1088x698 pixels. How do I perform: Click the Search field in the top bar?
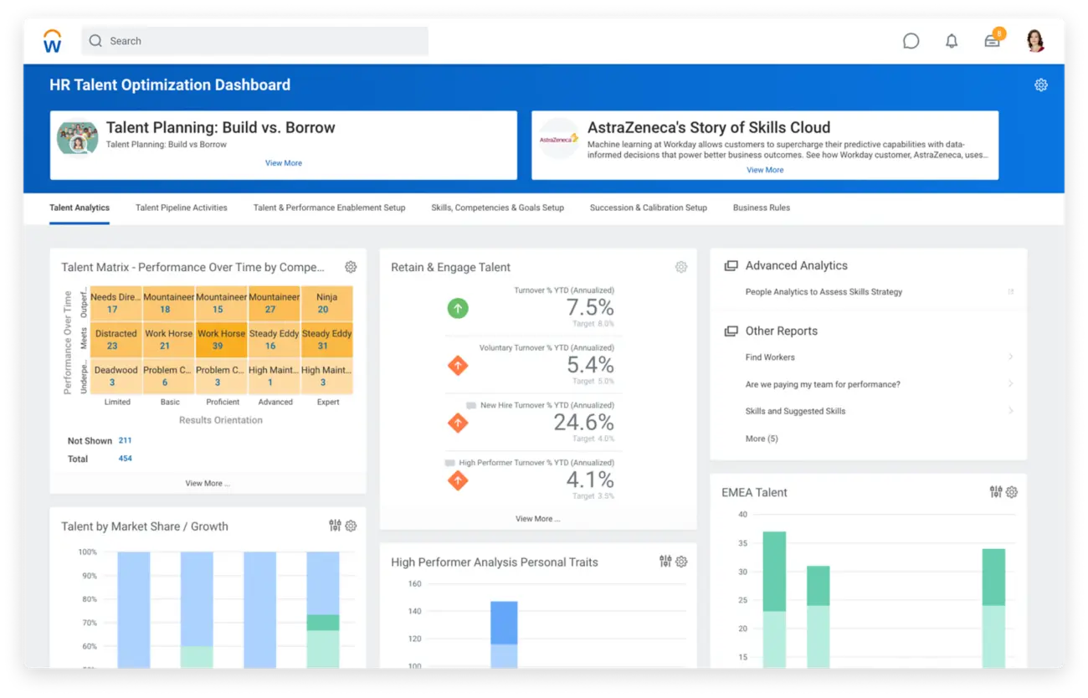[254, 41]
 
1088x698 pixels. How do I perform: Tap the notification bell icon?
[952, 41]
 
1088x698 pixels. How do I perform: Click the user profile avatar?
[1035, 41]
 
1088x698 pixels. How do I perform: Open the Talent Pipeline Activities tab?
[182, 208]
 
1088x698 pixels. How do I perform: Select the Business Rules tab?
[761, 208]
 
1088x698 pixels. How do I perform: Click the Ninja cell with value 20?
[326, 303]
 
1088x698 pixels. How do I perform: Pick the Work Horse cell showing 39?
[222, 340]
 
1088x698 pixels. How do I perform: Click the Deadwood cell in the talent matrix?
[115, 376]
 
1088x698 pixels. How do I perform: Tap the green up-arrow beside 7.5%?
[458, 308]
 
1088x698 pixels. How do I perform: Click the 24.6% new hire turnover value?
[583, 422]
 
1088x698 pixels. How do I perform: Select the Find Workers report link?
[770, 357]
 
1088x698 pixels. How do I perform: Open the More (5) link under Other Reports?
[762, 439]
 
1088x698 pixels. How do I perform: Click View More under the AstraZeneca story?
[765, 170]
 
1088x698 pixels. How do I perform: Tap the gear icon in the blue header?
[1041, 85]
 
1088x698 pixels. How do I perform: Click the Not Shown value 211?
[125, 440]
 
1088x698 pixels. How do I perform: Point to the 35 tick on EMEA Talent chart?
[742, 543]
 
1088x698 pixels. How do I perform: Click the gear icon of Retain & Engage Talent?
[681, 267]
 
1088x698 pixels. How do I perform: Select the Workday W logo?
[53, 41]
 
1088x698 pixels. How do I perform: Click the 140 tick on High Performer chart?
[415, 612]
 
